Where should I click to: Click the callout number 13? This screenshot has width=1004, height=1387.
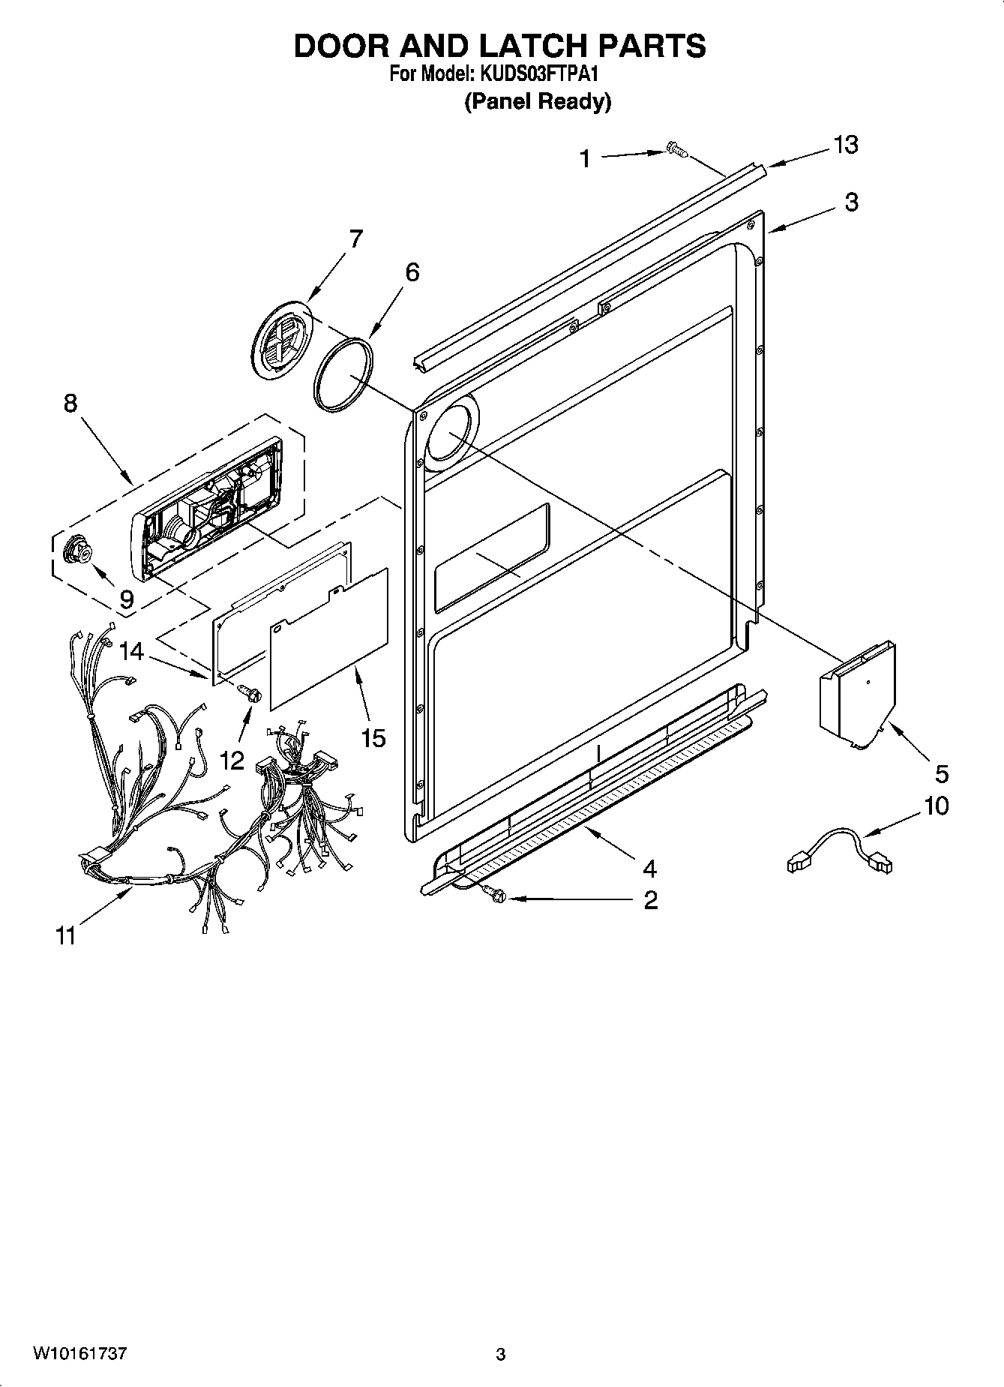tap(846, 145)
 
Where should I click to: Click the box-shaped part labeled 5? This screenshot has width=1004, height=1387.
tap(857, 696)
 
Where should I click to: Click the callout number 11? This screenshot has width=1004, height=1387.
tap(65, 936)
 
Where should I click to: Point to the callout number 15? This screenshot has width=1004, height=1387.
tap(373, 738)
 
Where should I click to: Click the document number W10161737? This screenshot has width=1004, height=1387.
tap(80, 1354)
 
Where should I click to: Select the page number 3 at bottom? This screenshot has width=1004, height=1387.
tap(501, 1355)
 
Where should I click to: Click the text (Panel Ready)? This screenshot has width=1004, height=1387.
tap(538, 102)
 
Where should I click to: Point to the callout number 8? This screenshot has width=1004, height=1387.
tap(70, 404)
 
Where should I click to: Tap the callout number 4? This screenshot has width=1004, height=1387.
tap(649, 869)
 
